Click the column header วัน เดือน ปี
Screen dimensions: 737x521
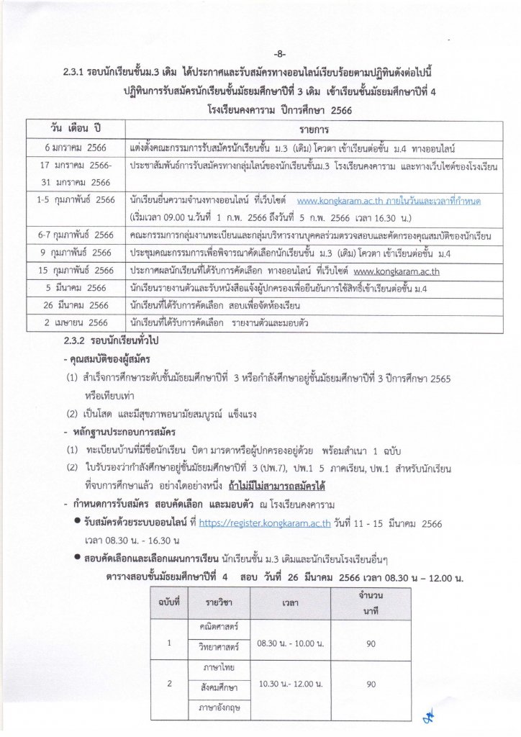pyautogui.click(x=74, y=130)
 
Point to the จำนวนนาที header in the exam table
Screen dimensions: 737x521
pyautogui.click(x=370, y=600)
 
